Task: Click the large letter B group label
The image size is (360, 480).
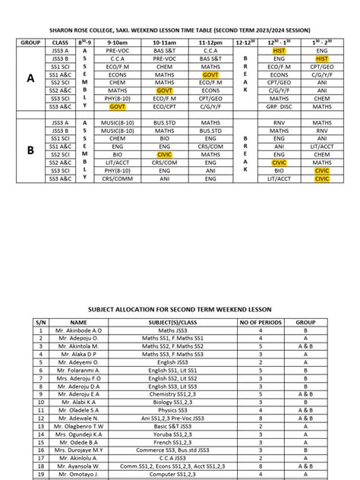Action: coord(30,150)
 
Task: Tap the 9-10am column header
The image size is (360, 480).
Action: coord(117,43)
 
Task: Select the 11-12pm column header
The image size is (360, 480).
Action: coord(210,43)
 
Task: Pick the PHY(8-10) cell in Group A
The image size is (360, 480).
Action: coord(117,98)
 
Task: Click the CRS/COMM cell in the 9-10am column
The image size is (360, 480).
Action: coord(117,179)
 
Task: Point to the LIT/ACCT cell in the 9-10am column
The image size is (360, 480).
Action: coord(117,163)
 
